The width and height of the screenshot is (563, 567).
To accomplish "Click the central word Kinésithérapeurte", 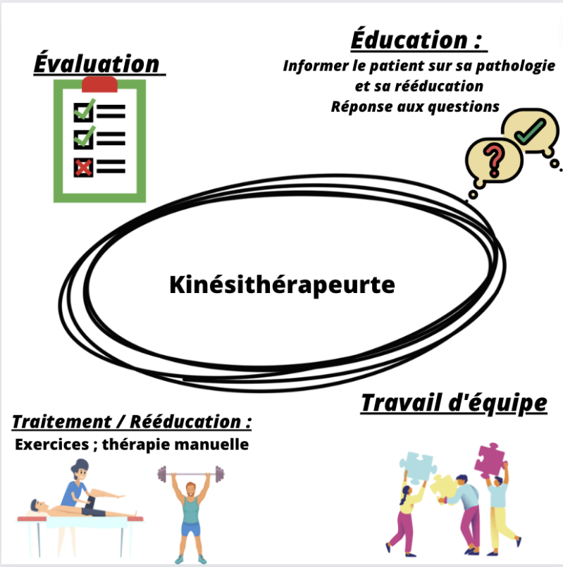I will point(283,285).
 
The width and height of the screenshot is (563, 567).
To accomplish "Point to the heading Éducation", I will point(419,39).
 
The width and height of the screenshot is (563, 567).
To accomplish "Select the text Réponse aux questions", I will point(415,106).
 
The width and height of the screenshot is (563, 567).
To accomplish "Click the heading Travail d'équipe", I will point(454,404).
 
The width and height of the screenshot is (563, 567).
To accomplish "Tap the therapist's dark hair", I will point(78,466).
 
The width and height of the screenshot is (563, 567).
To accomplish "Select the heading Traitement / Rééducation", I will point(132,423).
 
